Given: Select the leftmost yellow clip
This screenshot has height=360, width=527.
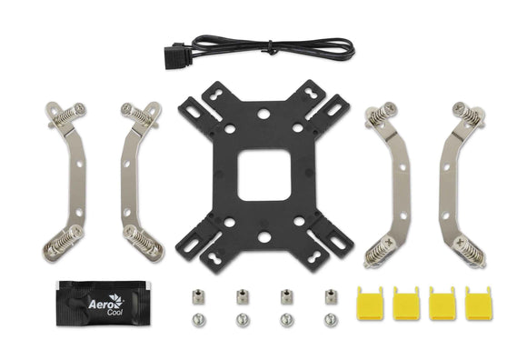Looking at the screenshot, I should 366,303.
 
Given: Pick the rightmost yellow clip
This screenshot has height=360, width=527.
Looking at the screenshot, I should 474,303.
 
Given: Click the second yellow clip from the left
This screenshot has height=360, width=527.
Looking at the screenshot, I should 403,303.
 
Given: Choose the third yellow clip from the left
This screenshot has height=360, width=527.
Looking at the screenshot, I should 439,303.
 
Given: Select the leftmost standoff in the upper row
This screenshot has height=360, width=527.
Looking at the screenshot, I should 197,297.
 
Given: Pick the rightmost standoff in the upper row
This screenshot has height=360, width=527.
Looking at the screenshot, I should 330,297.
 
